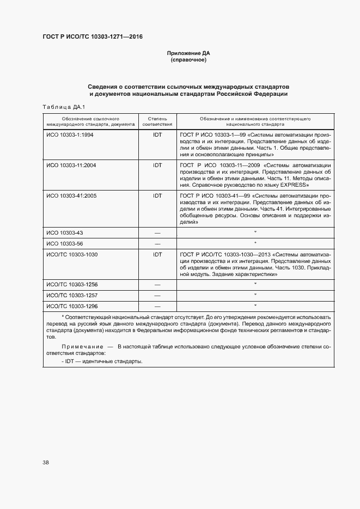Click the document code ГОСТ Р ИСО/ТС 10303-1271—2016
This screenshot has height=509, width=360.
[93, 37]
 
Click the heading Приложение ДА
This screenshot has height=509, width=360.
[188, 53]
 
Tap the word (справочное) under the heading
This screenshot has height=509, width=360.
[188, 60]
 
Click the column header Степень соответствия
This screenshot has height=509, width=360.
[157, 121]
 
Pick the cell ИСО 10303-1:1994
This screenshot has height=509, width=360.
[70, 134]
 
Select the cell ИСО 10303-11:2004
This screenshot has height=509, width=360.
[71, 165]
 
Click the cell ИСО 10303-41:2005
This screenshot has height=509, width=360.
[71, 195]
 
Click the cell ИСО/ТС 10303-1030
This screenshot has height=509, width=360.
[72, 254]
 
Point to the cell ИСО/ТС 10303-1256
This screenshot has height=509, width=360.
[72, 285]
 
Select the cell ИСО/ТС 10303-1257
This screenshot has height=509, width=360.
[72, 295]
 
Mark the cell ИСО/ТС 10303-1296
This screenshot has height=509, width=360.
[72, 306]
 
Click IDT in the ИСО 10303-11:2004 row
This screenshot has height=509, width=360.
[157, 165]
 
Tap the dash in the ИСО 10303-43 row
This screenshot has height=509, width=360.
[157, 232]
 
